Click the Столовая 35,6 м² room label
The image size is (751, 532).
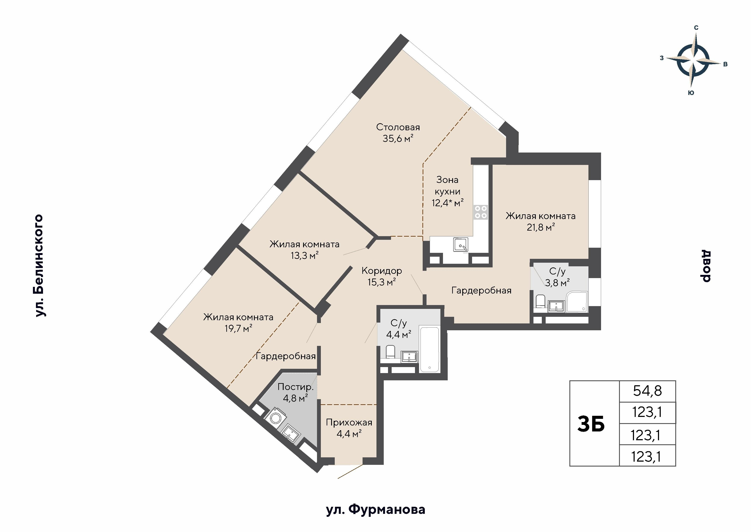(x=398, y=133)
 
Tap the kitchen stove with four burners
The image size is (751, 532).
(x=480, y=212)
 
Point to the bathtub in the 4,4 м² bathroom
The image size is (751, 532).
(x=429, y=349)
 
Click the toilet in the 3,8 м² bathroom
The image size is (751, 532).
(x=540, y=301)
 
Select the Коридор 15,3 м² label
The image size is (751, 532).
(x=382, y=276)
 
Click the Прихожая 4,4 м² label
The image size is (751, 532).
(x=349, y=428)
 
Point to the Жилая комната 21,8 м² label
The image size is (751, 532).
(x=540, y=221)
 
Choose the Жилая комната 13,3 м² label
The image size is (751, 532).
(x=304, y=250)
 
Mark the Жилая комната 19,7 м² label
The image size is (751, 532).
(x=238, y=323)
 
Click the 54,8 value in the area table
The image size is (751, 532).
(x=647, y=391)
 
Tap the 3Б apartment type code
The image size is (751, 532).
(x=591, y=424)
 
